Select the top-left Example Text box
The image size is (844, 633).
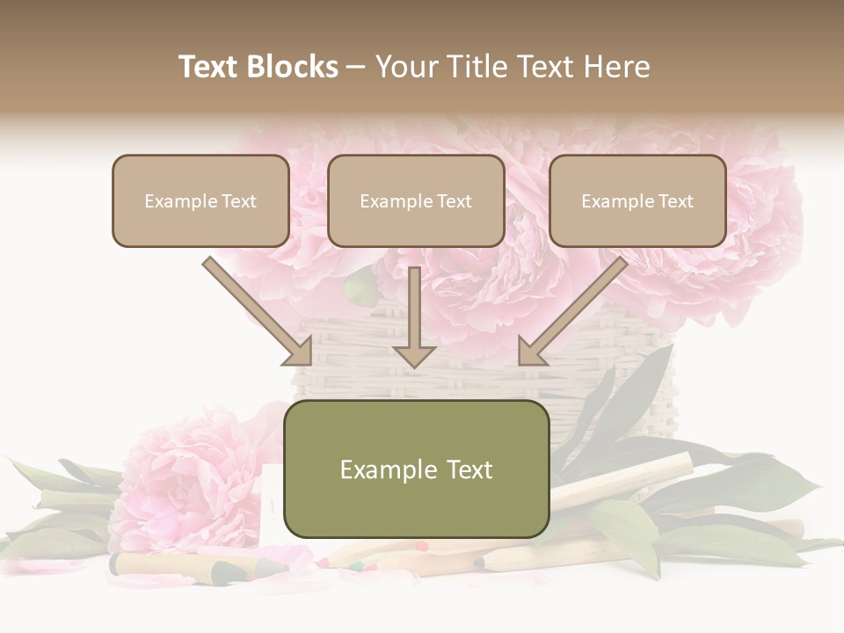200,200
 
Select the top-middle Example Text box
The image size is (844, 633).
416,200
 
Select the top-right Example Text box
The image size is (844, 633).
637,200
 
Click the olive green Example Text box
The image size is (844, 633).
417,469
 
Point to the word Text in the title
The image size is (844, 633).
210,67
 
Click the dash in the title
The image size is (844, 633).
357,67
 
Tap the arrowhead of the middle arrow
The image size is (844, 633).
414,355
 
